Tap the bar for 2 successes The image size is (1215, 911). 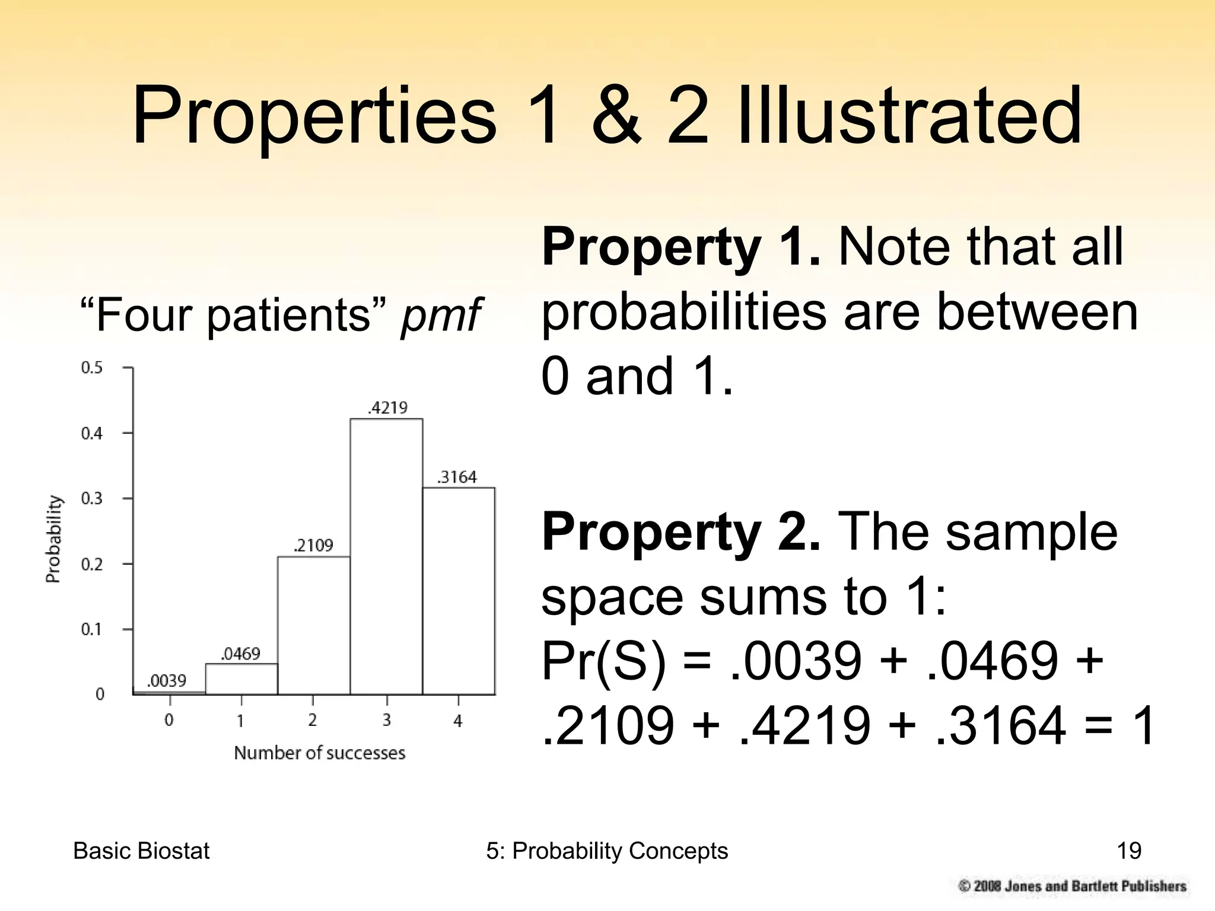coord(314,625)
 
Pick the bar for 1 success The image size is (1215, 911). coord(241,679)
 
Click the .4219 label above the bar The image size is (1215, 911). coord(388,407)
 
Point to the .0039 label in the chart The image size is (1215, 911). coord(167,680)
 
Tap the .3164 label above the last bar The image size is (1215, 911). coord(457,477)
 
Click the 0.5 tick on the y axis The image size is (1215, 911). coord(91,368)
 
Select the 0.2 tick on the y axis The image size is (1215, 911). coord(91,564)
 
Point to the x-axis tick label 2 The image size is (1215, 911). coord(313,720)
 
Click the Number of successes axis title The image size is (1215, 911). coord(319,753)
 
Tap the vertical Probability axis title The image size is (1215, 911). coord(53,539)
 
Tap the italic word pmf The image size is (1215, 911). coord(440,315)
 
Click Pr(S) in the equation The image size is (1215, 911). coord(605,661)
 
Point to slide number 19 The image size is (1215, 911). coord(1128,851)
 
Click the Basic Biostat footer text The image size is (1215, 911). coord(141,851)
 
